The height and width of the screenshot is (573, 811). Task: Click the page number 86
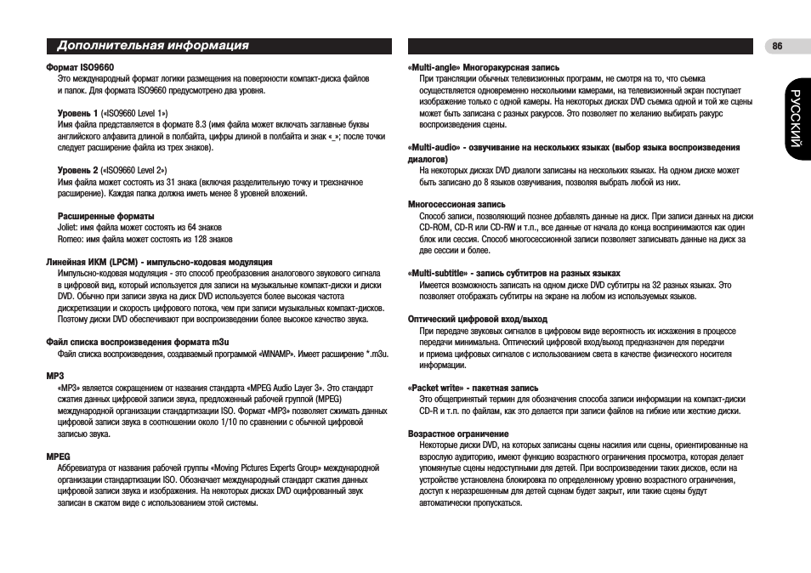pos(777,47)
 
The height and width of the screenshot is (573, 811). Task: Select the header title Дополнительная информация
pos(153,46)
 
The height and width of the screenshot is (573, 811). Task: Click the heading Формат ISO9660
pos(80,66)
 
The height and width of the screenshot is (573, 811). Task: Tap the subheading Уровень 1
pos(78,112)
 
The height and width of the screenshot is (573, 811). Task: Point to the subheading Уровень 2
pos(78,170)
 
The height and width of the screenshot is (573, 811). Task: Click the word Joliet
pos(67,228)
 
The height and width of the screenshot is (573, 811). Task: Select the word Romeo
pos(70,239)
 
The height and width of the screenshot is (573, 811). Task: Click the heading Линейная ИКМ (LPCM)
pos(158,262)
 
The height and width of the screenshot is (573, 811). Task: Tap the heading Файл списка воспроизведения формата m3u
pos(132,343)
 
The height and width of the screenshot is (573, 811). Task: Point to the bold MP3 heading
pos(54,375)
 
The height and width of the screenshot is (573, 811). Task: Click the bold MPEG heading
pos(57,457)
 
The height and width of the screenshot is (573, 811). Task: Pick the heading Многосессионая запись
pos(457,204)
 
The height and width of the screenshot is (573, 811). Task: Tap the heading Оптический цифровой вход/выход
pos(478,319)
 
